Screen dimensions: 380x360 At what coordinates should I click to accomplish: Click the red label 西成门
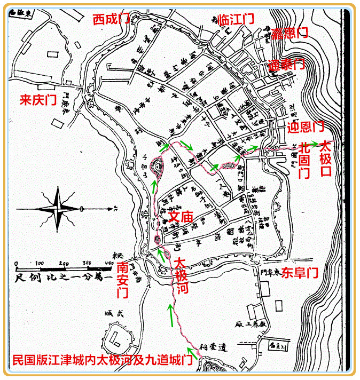click(112, 20)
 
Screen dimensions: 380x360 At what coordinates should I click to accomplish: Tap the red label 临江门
click(236, 20)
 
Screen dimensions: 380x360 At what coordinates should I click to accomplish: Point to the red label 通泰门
click(286, 65)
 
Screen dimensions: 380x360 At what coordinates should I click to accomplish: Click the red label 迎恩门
click(306, 127)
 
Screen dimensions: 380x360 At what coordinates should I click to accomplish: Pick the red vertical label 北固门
click(304, 159)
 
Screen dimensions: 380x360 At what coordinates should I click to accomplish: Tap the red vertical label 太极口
click(325, 159)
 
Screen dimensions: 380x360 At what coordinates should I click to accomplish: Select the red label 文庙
click(181, 217)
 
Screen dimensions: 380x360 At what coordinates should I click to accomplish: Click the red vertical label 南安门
click(123, 279)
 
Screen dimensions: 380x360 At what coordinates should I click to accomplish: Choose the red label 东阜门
click(300, 273)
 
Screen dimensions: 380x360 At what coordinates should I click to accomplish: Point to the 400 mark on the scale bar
click(109, 264)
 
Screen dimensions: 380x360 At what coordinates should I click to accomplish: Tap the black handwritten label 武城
click(116, 314)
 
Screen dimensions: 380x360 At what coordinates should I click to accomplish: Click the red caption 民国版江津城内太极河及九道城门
click(102, 360)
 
